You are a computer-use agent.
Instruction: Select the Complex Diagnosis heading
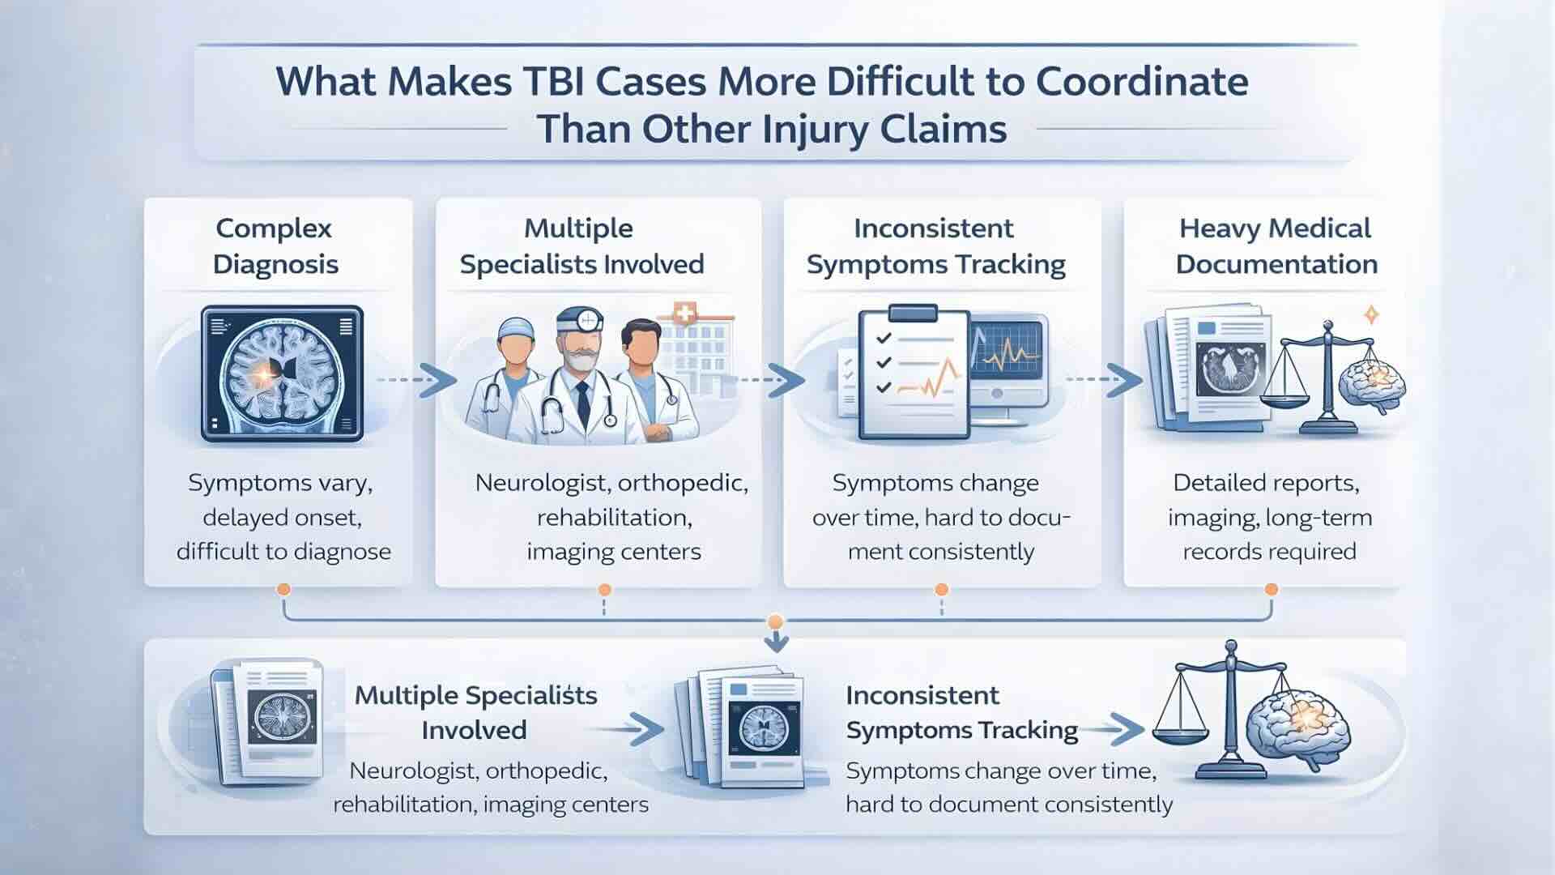pyautogui.click(x=275, y=246)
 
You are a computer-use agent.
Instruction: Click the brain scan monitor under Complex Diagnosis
pyautogui.click(x=282, y=373)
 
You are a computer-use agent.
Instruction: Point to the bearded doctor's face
pyautogui.click(x=580, y=349)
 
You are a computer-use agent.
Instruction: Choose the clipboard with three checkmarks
pyautogui.click(x=914, y=372)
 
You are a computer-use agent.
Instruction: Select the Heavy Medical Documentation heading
pyautogui.click(x=1276, y=246)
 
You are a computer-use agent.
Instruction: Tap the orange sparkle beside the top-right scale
pyautogui.click(x=1372, y=314)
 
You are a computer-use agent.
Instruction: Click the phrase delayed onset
pyautogui.click(x=282, y=517)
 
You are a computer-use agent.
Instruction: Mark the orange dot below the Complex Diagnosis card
pyautogui.click(x=283, y=589)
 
